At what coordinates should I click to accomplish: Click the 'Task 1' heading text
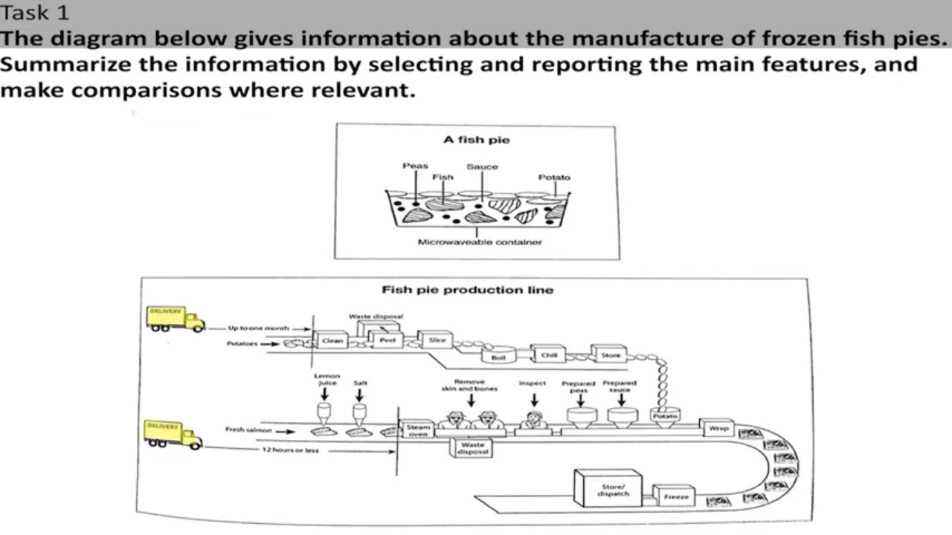pos(36,13)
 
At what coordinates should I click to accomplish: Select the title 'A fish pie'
pos(477,140)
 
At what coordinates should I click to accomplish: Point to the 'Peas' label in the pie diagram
pos(415,166)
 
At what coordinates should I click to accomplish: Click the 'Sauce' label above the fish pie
pos(482,167)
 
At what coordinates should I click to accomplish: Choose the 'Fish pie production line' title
pos(467,290)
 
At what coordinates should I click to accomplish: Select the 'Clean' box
pos(332,341)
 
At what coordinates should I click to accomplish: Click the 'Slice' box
pos(437,340)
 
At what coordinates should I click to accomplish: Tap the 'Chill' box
pos(549,355)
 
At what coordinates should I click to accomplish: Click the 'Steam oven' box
pos(417,430)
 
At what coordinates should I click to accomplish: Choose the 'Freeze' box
pos(675,496)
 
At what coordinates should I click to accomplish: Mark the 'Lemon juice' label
pos(327,380)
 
